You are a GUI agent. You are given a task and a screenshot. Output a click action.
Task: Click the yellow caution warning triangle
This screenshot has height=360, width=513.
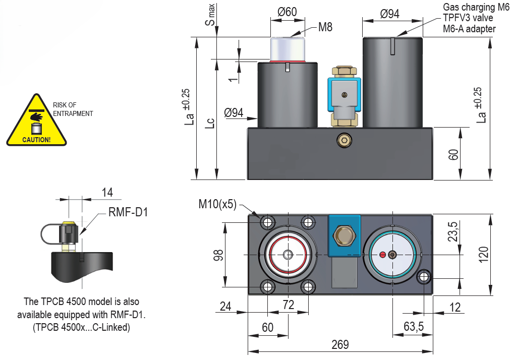[36, 122]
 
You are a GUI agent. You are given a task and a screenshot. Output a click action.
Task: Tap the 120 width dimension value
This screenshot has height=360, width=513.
[483, 254]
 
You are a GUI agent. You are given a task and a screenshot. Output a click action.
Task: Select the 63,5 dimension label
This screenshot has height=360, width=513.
[414, 327]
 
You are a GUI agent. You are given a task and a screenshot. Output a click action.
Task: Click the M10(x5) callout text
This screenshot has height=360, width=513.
[217, 204]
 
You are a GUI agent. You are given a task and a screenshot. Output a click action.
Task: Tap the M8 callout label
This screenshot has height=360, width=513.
[325, 27]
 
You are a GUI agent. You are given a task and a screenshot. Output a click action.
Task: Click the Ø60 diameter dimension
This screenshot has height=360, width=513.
[288, 12]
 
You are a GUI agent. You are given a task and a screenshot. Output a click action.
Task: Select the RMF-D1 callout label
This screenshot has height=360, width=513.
[128, 212]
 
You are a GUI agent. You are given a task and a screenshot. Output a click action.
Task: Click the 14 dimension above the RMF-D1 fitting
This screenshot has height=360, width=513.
[107, 192]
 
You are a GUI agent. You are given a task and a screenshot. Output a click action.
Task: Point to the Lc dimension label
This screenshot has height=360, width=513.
[212, 124]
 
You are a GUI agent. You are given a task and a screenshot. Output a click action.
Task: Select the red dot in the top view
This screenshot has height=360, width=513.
[382, 254]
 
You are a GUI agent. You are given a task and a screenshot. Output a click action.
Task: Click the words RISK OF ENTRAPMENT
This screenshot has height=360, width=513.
[73, 109]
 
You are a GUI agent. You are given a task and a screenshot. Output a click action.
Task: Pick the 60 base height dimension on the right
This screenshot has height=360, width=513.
[454, 153]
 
